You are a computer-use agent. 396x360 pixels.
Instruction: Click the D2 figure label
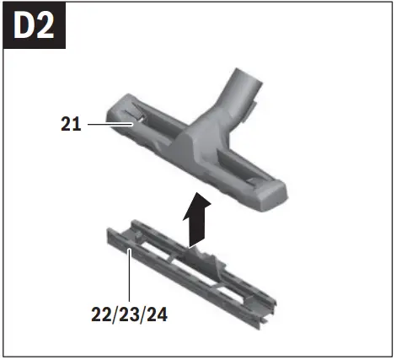pos(34,26)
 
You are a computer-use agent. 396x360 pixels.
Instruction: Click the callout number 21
pos(71,124)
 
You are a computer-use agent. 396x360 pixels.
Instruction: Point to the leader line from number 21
pos(110,124)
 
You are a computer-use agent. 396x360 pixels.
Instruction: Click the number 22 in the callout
pos(101,314)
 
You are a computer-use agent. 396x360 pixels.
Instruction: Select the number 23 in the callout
pos(129,314)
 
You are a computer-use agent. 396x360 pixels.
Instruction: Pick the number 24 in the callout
pos(158,314)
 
